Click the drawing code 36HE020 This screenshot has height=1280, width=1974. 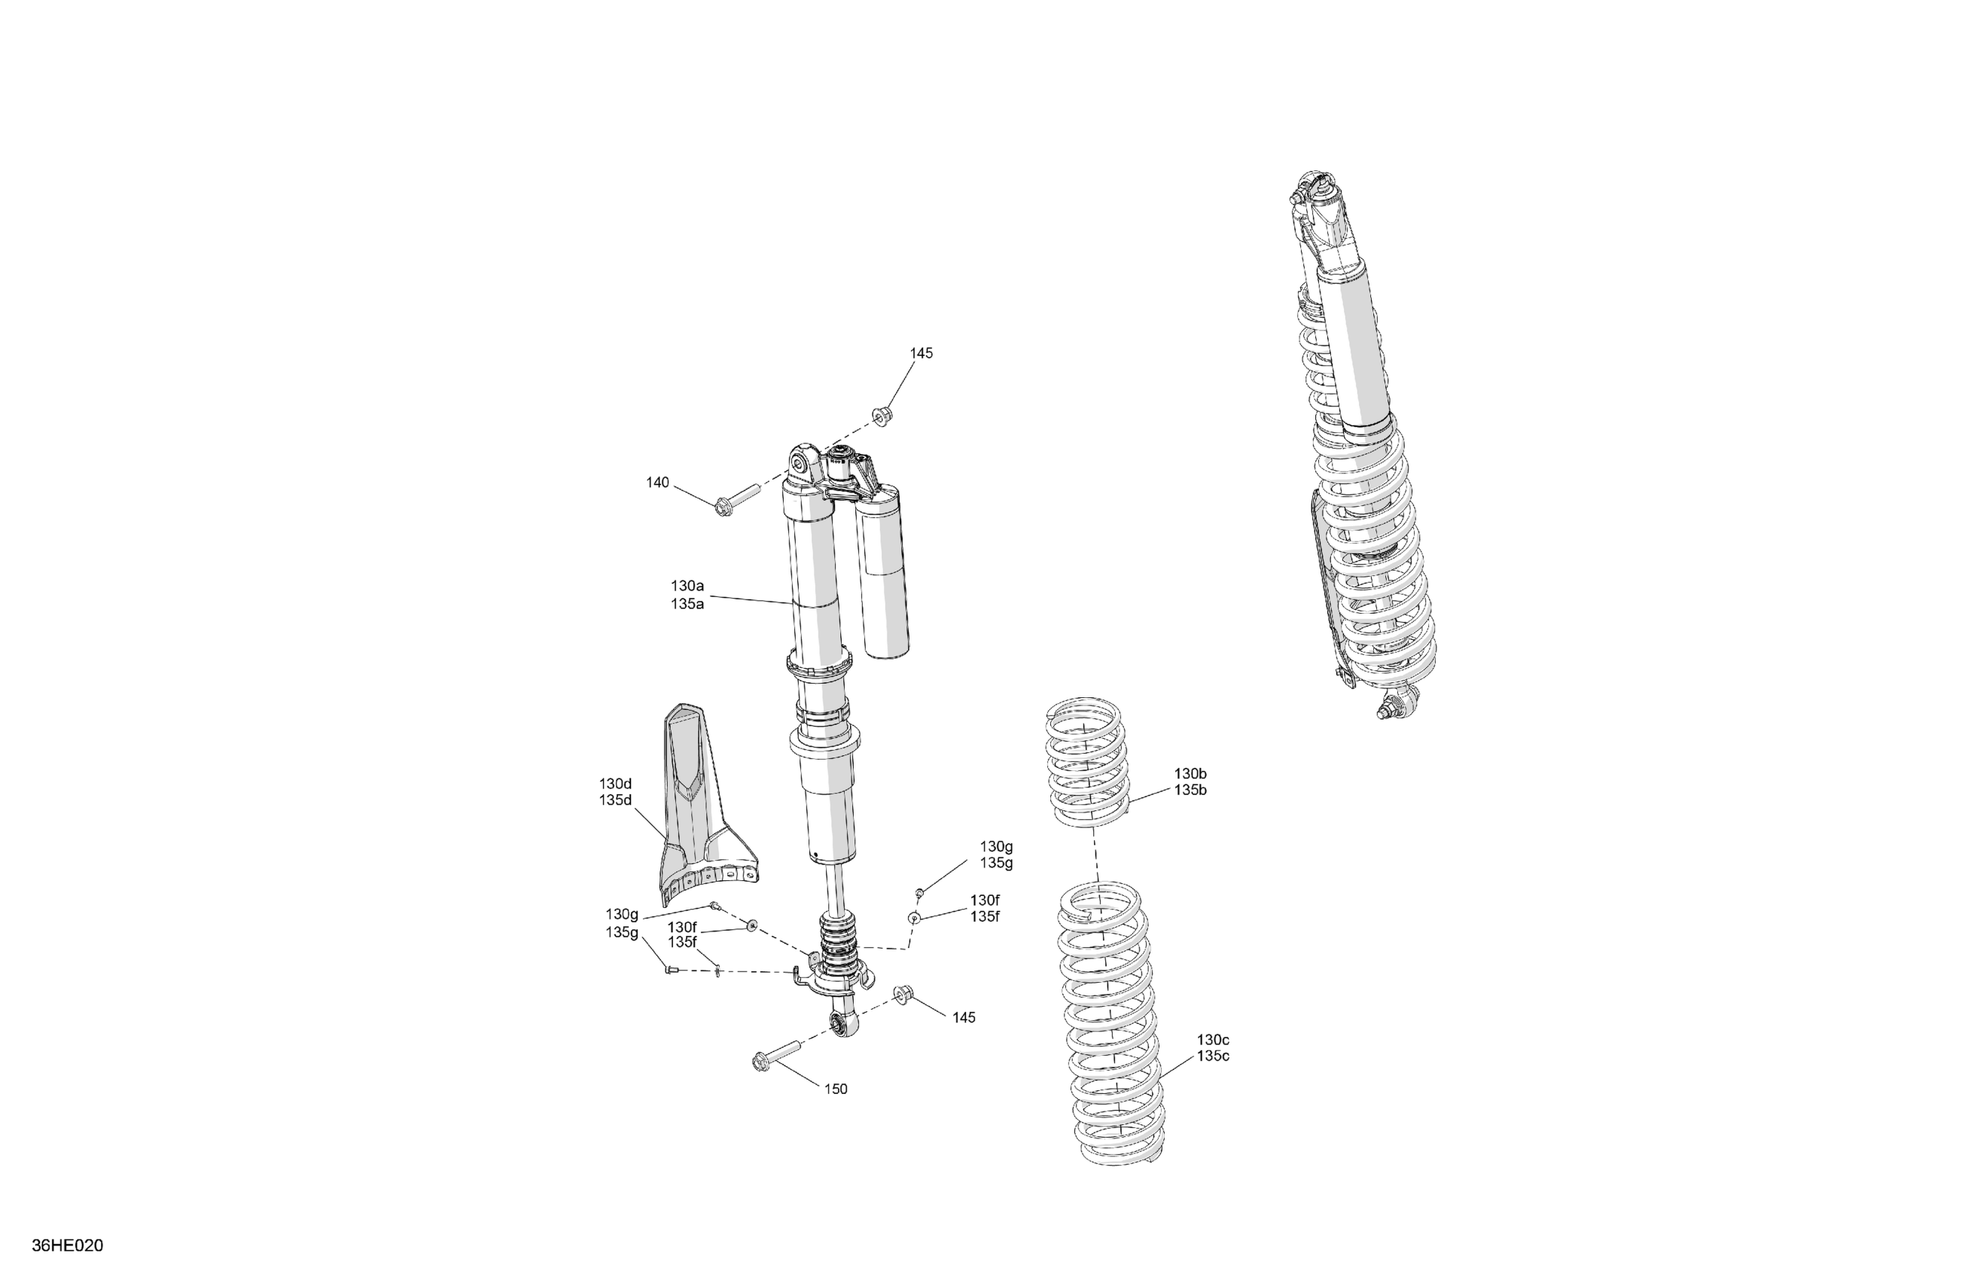click(x=67, y=1246)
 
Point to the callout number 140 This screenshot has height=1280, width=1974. click(x=658, y=483)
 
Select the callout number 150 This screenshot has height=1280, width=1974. click(x=836, y=1090)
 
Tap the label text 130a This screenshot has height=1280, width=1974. click(x=687, y=587)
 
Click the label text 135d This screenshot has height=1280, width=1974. click(x=615, y=800)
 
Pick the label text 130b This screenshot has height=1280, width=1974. click(x=1190, y=774)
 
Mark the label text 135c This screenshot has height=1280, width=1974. click(x=1214, y=1056)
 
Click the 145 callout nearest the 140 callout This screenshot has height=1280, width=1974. click(x=922, y=353)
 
